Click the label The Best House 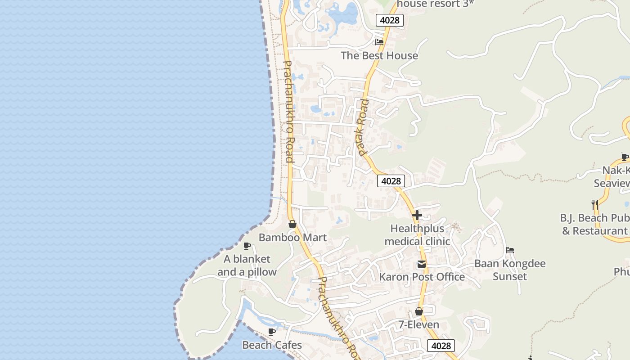click(x=379, y=55)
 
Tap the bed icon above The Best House click(x=379, y=42)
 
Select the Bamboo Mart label click(x=292, y=237)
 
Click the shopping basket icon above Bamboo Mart click(x=292, y=224)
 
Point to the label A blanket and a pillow click(x=247, y=265)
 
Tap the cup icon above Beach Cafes click(x=272, y=332)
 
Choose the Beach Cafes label click(x=272, y=345)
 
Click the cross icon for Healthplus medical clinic click(x=417, y=215)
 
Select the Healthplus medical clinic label click(x=417, y=235)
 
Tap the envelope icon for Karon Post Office click(x=421, y=264)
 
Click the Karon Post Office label click(x=422, y=277)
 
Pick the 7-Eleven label click(x=419, y=324)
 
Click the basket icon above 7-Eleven click(x=419, y=311)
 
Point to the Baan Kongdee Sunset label click(x=510, y=270)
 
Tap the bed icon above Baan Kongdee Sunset click(x=510, y=250)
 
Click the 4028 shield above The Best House click(x=390, y=20)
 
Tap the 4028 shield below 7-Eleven click(x=441, y=346)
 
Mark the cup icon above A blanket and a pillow click(x=247, y=246)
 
